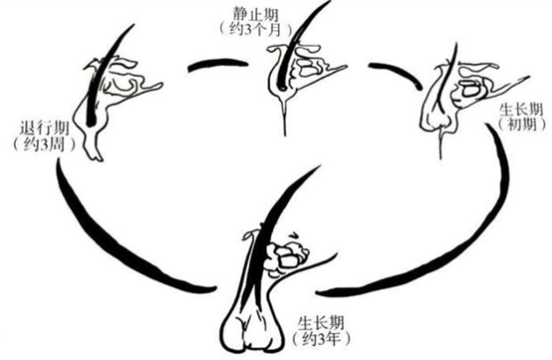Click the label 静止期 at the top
pos(255,13)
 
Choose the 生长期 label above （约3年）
pos(319,321)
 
